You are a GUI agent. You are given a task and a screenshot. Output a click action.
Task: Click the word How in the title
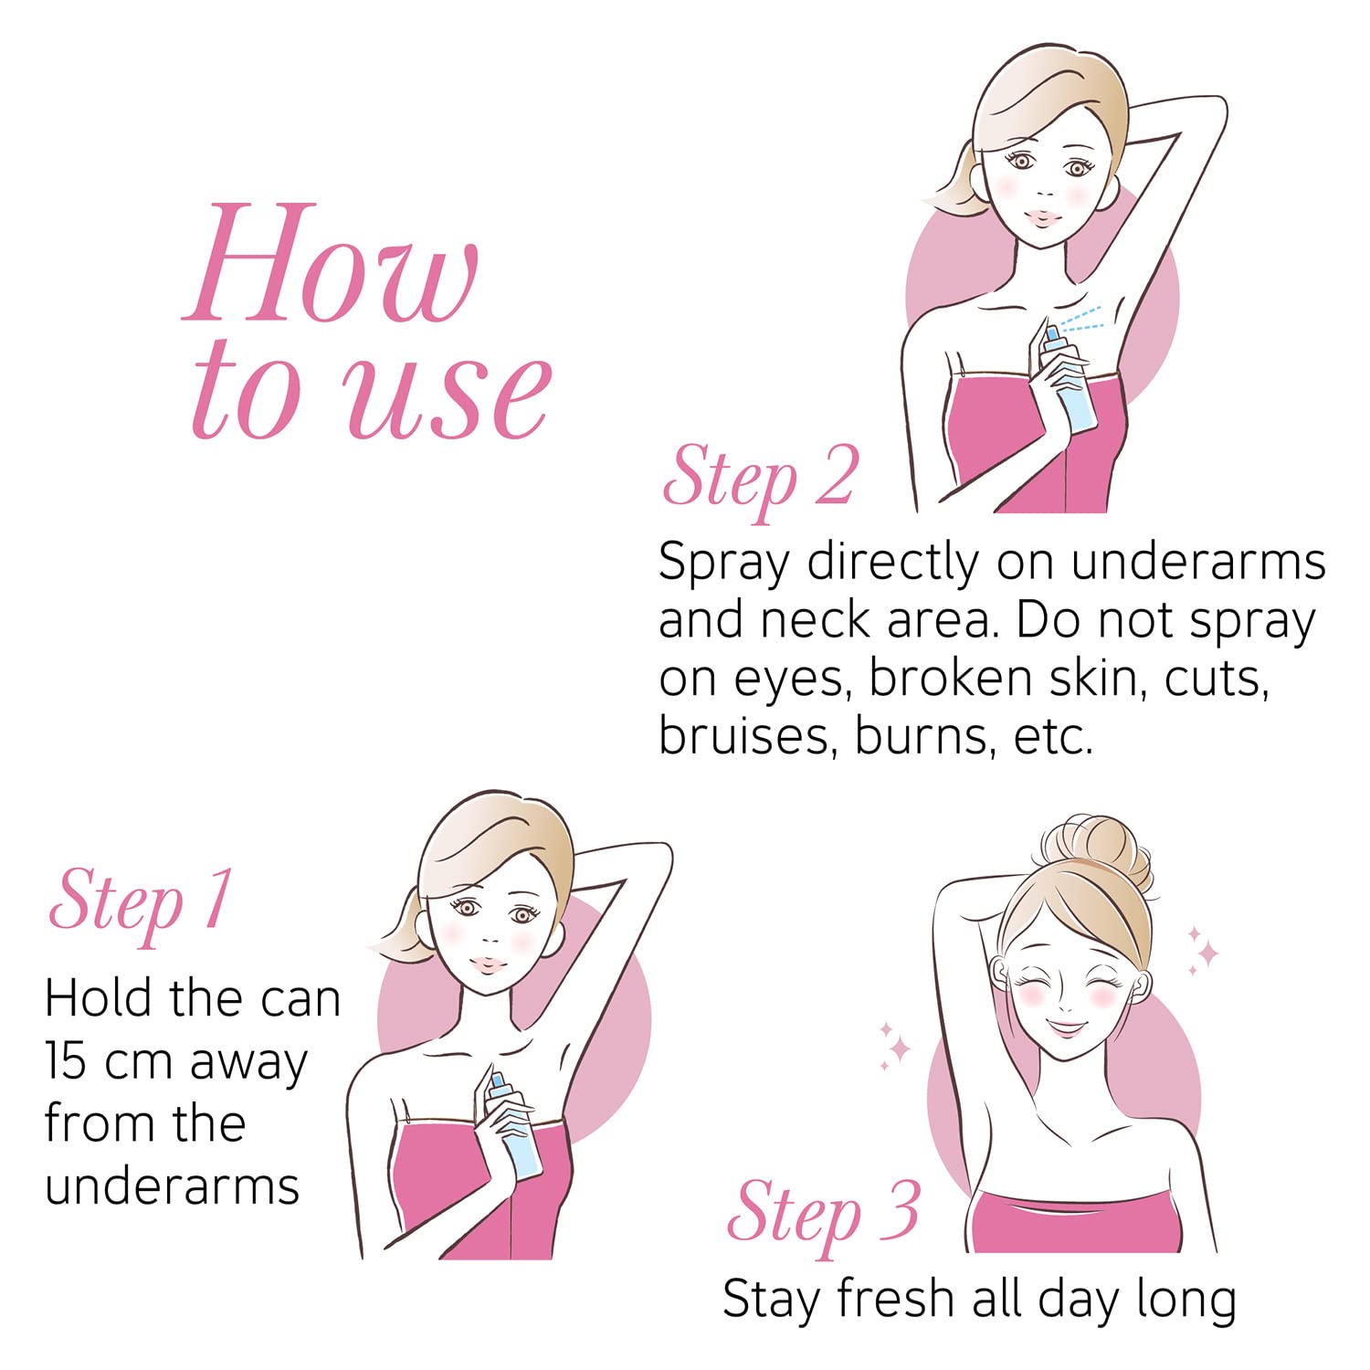tap(331, 262)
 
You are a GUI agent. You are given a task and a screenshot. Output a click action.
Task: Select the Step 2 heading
tap(760, 479)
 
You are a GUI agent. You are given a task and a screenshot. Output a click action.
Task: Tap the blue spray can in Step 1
tap(511, 1127)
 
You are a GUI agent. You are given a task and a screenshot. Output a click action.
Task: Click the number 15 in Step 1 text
tap(68, 1062)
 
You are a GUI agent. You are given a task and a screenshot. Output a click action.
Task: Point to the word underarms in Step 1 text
tap(172, 1186)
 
